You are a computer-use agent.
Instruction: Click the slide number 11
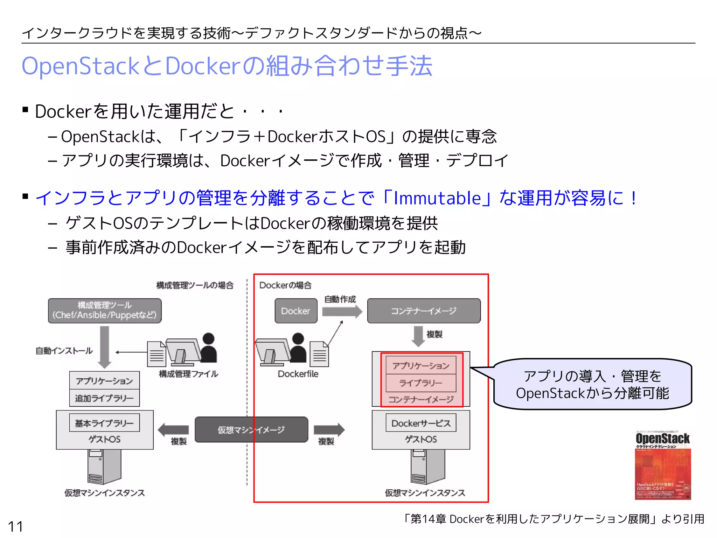click(x=15, y=526)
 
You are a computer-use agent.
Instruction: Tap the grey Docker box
click(x=296, y=311)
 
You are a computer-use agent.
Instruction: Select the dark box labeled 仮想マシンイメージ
click(x=251, y=430)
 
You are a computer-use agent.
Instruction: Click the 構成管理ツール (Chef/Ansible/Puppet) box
click(x=105, y=310)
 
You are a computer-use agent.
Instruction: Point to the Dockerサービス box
click(x=421, y=423)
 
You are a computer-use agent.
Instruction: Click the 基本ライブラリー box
click(x=104, y=423)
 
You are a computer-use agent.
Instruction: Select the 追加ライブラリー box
click(x=104, y=398)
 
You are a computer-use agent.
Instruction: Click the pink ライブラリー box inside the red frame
click(x=421, y=383)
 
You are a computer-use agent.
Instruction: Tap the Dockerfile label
click(x=298, y=374)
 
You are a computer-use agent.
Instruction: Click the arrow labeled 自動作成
click(x=342, y=311)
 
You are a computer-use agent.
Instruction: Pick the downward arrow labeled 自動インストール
click(x=104, y=347)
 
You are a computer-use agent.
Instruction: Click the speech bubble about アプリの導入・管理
click(x=592, y=384)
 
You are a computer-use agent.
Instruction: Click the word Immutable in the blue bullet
click(x=437, y=198)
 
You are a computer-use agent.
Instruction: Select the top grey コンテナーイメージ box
click(x=424, y=311)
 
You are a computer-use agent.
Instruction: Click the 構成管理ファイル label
click(x=188, y=374)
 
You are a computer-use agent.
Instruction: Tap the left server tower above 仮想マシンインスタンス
click(x=104, y=467)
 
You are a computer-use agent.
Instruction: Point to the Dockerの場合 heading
click(x=285, y=285)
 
